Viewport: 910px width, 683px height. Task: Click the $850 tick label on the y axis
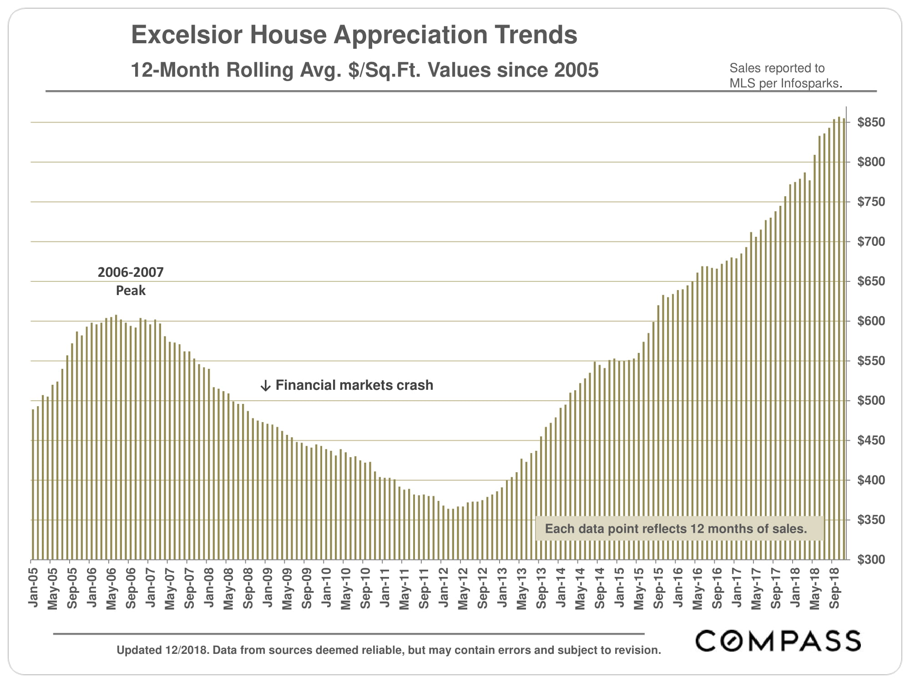[871, 122]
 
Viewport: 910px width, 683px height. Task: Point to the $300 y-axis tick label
[871, 560]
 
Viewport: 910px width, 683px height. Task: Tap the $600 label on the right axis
[871, 321]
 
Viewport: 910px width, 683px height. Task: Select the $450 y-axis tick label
[871, 440]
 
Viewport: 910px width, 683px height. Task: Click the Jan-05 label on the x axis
[33, 587]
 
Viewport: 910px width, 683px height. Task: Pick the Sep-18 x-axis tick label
[834, 587]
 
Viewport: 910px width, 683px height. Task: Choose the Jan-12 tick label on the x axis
[443, 587]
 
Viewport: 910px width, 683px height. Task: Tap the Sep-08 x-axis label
[248, 587]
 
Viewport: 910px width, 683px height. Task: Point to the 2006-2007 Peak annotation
[131, 281]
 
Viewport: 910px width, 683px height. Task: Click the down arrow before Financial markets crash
[265, 386]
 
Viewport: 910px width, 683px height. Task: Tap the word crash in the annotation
[415, 385]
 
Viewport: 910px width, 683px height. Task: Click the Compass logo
[778, 641]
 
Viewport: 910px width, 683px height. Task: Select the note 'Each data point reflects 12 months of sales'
[676, 529]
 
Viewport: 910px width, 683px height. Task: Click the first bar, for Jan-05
[33, 484]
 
